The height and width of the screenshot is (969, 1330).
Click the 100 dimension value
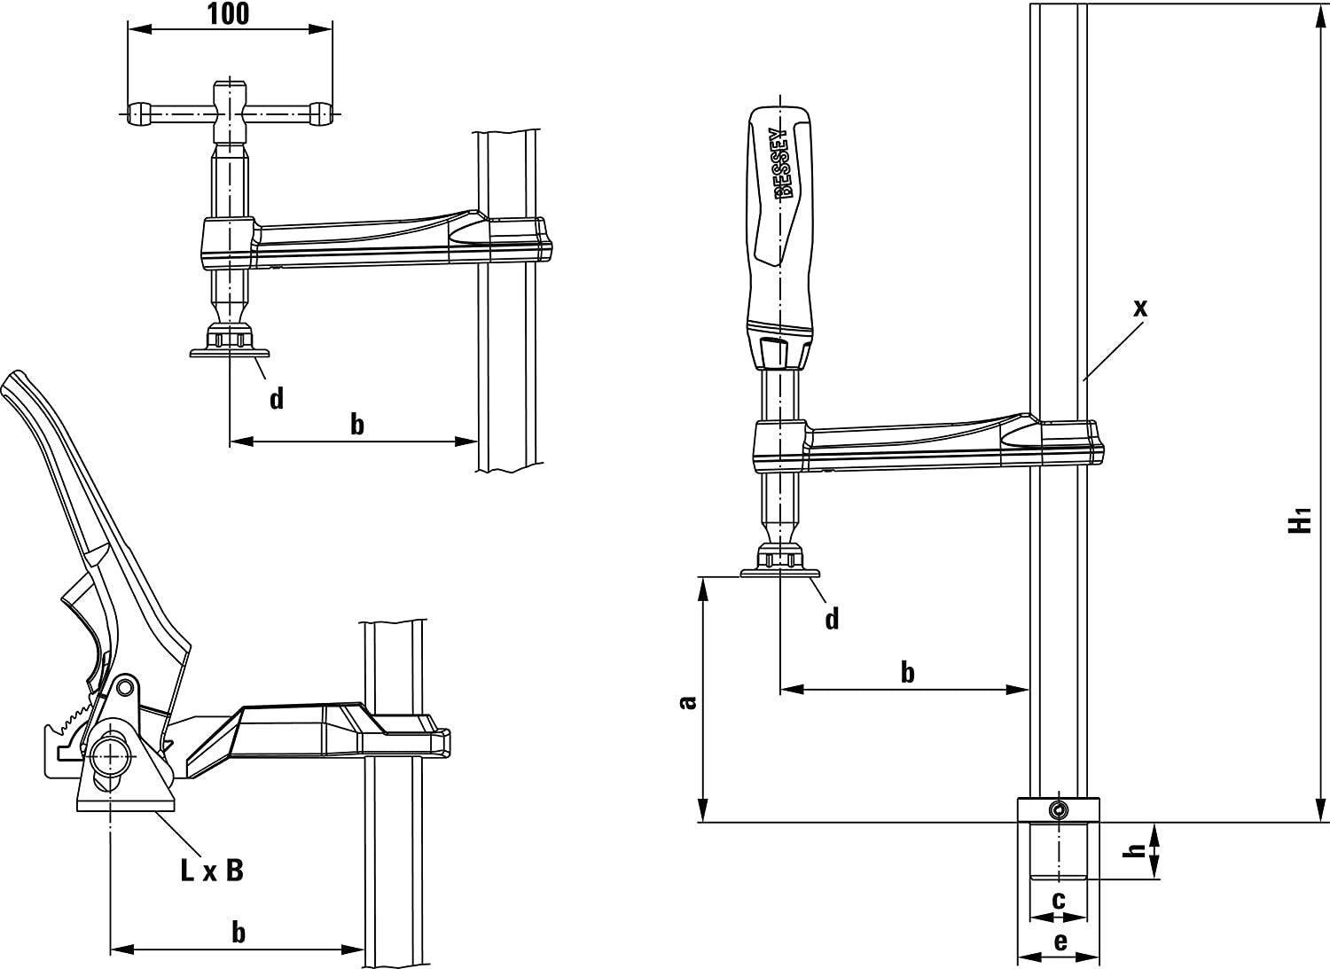pyautogui.click(x=229, y=13)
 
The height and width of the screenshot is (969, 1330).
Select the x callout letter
pyautogui.click(x=1140, y=308)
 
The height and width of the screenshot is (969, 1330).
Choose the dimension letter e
pyautogui.click(x=1060, y=942)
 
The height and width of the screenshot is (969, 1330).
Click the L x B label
pyautogui.click(x=211, y=871)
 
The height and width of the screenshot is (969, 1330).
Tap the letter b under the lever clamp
pyautogui.click(x=238, y=932)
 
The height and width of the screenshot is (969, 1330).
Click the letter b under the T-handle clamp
pyautogui.click(x=356, y=425)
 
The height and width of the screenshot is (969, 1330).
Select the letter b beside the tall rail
pyautogui.click(x=907, y=672)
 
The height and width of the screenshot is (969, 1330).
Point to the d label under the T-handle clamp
pyautogui.click(x=277, y=399)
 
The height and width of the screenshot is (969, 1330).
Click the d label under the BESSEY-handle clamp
pyautogui.click(x=831, y=618)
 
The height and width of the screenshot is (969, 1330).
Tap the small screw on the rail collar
pyautogui.click(x=1057, y=809)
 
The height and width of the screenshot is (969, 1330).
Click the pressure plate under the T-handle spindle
pyautogui.click(x=230, y=353)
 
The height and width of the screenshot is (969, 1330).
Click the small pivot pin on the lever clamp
pyautogui.click(x=125, y=686)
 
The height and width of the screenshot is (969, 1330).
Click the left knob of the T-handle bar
pyautogui.click(x=138, y=113)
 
